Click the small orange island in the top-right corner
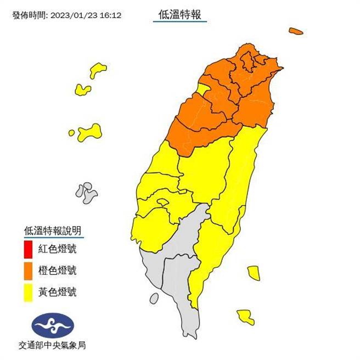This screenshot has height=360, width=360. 297,32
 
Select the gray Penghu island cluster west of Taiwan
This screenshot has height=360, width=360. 87,193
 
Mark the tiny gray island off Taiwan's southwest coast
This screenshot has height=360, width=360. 154,299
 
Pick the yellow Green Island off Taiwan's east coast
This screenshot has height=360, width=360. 253,273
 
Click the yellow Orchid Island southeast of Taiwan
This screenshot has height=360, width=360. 245,316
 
